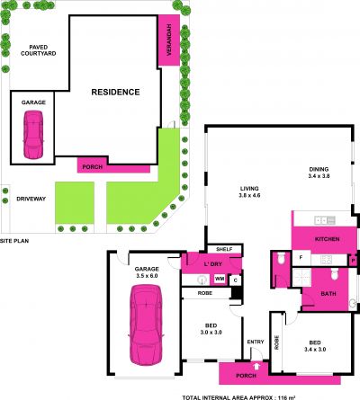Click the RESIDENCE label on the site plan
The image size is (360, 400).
click(x=115, y=92)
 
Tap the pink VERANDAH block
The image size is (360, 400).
click(x=169, y=40)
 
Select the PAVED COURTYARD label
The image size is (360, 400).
click(x=39, y=50)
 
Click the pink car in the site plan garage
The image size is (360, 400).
click(x=33, y=135)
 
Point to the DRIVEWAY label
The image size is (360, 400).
click(x=31, y=199)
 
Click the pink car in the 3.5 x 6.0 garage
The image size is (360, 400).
click(x=146, y=324)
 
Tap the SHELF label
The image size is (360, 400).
click(x=224, y=249)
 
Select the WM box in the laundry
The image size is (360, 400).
click(x=220, y=279)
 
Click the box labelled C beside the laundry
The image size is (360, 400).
click(x=236, y=280)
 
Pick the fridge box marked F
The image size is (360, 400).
click(x=301, y=258)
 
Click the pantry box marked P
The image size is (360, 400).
click(x=353, y=261)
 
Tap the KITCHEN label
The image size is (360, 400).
click(x=327, y=239)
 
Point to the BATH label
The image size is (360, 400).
click(x=328, y=294)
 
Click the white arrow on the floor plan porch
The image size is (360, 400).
click(x=256, y=366)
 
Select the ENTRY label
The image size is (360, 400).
click(x=256, y=342)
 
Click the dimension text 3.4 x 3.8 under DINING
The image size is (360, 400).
click(x=319, y=176)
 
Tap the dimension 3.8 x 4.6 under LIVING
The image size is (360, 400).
click(x=249, y=195)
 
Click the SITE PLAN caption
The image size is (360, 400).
click(x=14, y=241)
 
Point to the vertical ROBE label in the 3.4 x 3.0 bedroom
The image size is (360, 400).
click(x=276, y=342)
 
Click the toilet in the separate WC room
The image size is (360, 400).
click(x=281, y=259)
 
